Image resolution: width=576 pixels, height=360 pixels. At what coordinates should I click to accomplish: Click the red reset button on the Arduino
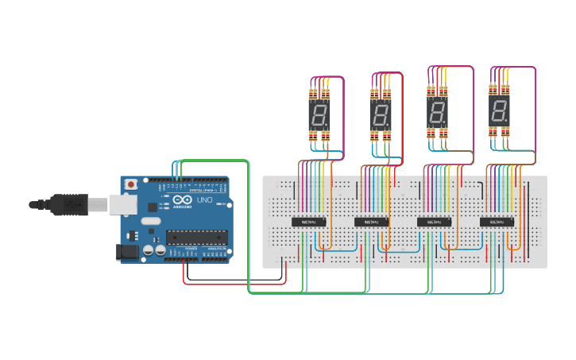point(130,184)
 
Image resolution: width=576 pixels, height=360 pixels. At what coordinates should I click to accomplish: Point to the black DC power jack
point(127,253)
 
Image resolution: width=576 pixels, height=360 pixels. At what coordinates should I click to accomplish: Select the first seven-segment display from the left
point(319,116)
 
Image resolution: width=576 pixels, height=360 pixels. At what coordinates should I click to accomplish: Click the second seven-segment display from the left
point(381,116)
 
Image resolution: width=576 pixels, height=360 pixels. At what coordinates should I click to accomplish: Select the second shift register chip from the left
point(371,222)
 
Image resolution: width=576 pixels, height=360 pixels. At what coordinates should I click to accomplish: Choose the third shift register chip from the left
point(434,222)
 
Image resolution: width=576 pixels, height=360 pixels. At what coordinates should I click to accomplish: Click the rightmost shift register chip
point(497,222)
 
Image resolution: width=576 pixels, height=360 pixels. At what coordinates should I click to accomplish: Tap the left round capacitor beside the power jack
point(148,251)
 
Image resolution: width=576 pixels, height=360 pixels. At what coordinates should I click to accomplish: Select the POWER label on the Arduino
point(191,248)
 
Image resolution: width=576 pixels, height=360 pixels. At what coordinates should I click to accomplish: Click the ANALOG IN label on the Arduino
point(216,248)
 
